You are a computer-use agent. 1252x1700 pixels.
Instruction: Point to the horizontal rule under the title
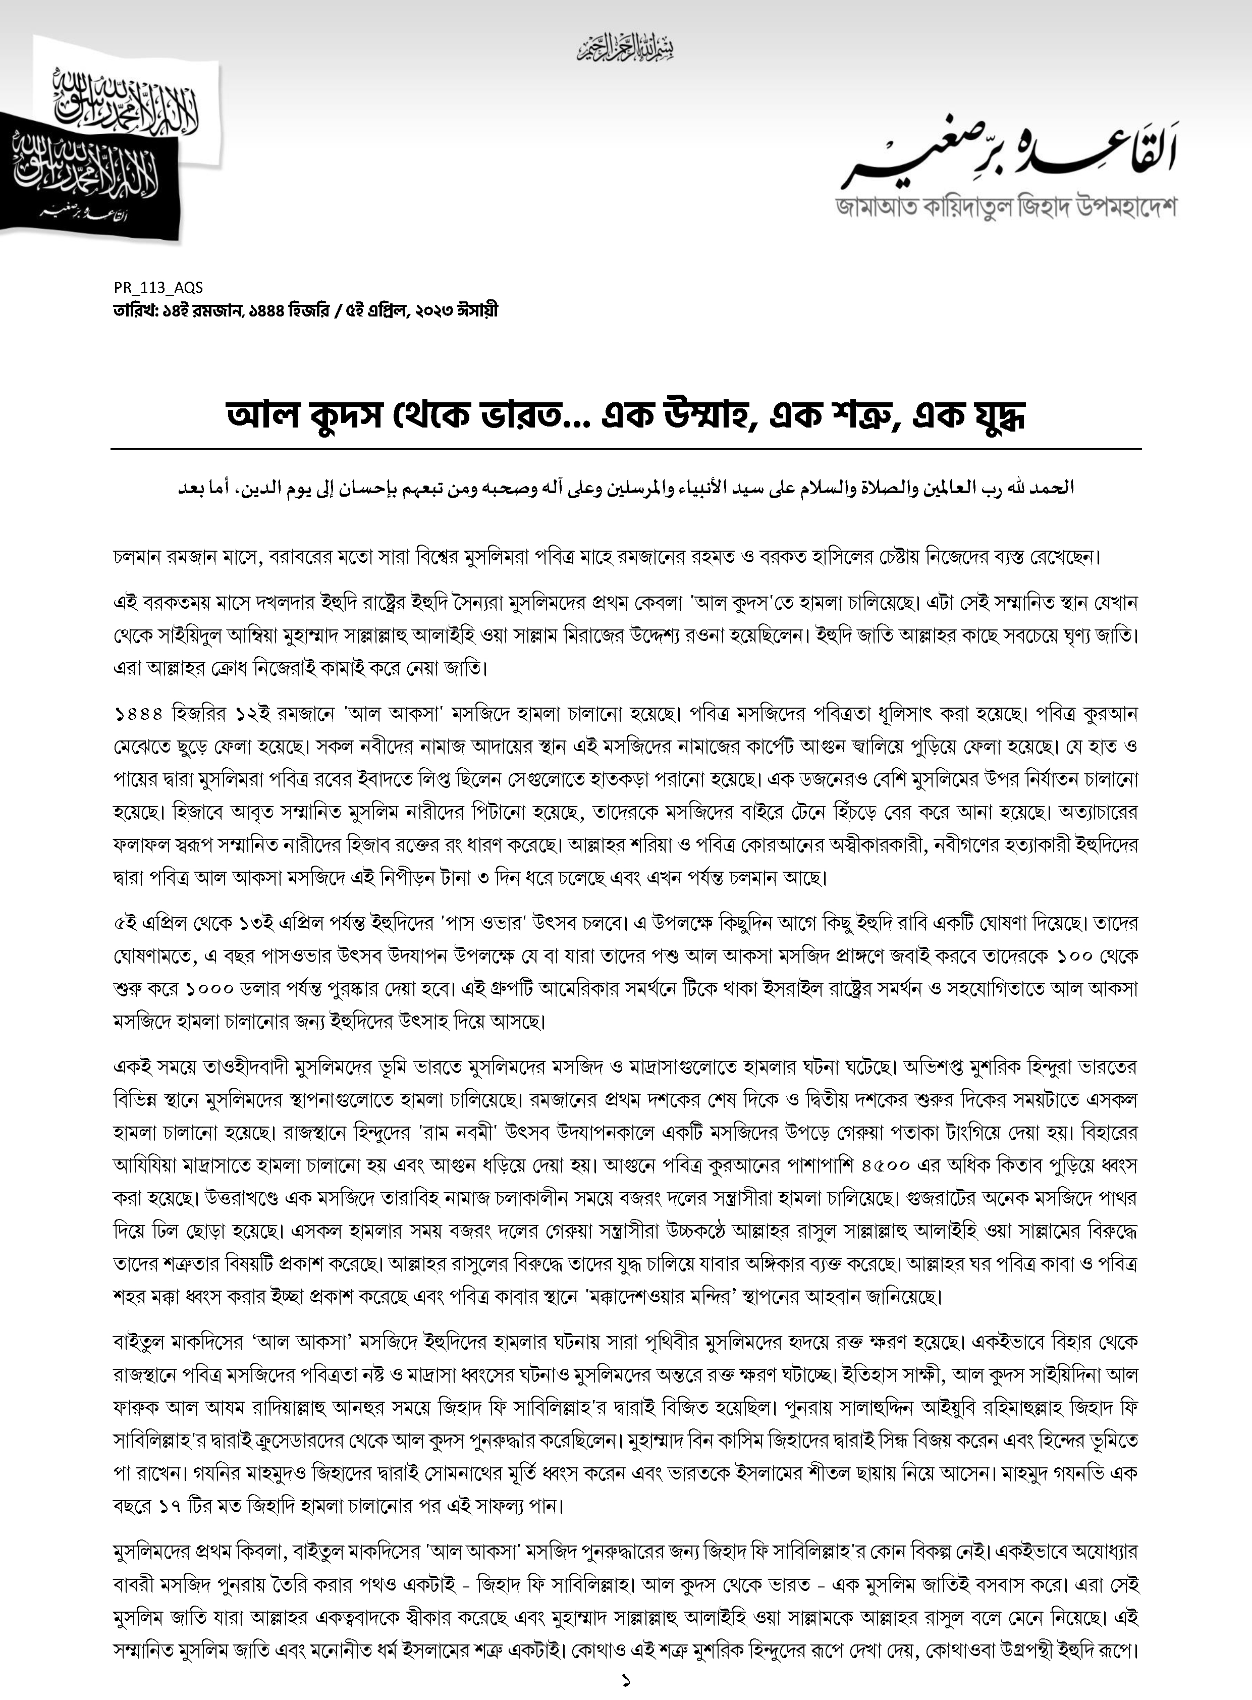coord(626,449)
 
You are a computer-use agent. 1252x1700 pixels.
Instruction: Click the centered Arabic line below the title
coord(626,488)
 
